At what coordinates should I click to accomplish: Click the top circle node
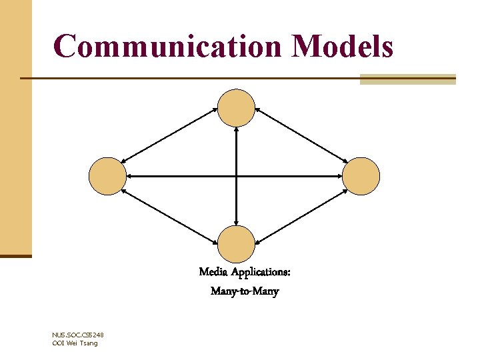coord(237,108)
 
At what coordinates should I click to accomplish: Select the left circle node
coord(107,176)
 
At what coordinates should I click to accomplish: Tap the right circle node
coord(361,176)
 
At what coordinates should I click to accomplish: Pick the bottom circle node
coord(237,244)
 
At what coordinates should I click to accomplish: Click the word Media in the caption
coord(214,272)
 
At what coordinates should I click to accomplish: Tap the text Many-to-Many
coord(245,291)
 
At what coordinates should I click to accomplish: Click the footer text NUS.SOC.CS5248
coord(77,335)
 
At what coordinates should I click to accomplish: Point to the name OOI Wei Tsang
coord(75,343)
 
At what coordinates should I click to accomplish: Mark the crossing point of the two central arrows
coord(237,176)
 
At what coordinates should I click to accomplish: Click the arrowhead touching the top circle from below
coord(237,131)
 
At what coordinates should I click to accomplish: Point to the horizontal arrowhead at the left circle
coord(130,176)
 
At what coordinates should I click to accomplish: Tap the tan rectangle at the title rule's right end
coord(407,79)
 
